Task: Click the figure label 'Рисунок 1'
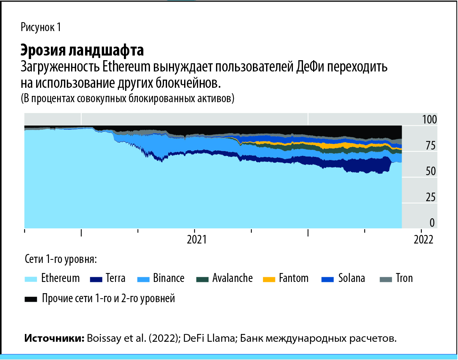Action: click(x=41, y=28)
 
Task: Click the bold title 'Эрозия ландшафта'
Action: click(x=82, y=50)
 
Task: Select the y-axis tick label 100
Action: click(x=429, y=120)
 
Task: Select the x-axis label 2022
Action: click(x=423, y=239)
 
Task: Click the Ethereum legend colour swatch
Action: click(x=31, y=279)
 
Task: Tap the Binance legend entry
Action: click(x=168, y=278)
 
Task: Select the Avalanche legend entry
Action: click(x=232, y=278)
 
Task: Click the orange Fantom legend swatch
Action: click(x=269, y=279)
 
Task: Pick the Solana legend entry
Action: click(x=351, y=278)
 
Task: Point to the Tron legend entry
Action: click(x=404, y=278)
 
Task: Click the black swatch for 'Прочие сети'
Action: click(x=31, y=299)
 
